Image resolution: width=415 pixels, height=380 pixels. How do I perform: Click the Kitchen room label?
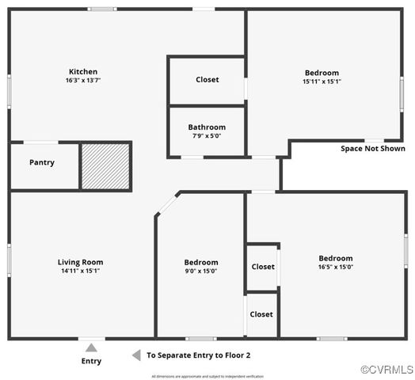(83, 71)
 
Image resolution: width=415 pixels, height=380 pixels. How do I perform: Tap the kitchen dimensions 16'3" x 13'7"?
(83, 80)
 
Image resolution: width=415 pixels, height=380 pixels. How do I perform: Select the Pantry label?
(42, 162)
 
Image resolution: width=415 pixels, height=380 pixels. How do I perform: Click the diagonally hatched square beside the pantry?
(106, 165)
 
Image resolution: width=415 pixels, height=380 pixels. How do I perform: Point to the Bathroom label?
(207, 127)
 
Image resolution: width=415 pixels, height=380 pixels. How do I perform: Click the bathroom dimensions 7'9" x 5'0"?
(207, 135)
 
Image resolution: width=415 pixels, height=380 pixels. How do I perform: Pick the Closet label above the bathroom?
(207, 79)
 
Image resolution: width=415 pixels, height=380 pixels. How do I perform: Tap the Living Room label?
(80, 262)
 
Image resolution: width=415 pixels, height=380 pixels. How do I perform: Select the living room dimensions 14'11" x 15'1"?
(80, 271)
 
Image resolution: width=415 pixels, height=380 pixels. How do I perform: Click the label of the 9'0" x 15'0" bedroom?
(201, 262)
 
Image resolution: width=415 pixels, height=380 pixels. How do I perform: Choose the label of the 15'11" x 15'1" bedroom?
(322, 73)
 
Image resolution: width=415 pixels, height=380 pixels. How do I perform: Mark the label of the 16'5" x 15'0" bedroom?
(336, 258)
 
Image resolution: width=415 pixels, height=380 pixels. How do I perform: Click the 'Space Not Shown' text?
(372, 148)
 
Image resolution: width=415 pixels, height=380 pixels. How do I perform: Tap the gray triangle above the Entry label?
(92, 347)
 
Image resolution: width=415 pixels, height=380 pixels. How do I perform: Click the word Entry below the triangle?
(92, 362)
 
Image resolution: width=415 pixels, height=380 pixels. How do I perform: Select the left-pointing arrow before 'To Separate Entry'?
(136, 355)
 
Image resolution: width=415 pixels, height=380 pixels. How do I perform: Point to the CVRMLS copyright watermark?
(386, 370)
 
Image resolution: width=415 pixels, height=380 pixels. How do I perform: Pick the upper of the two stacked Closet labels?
(263, 267)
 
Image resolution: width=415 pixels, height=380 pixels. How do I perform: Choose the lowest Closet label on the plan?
(261, 314)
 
